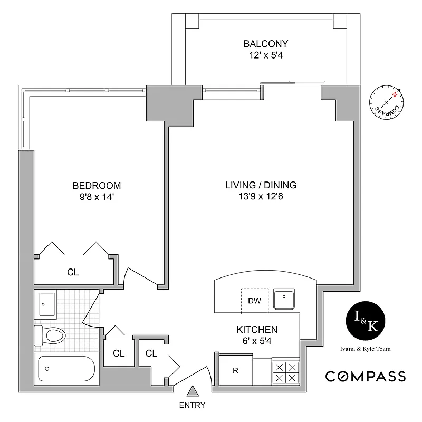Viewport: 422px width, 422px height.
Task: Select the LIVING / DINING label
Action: coord(261,185)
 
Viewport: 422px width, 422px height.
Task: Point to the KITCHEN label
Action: coord(257,330)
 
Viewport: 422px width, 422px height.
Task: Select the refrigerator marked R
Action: coord(235,370)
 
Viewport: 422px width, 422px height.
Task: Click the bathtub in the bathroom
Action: coord(65,368)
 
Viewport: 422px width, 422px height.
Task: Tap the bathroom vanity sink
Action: coord(46,304)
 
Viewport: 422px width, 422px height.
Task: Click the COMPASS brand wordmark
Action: coord(365,376)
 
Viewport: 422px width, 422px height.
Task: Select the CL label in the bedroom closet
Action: coord(73,273)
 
